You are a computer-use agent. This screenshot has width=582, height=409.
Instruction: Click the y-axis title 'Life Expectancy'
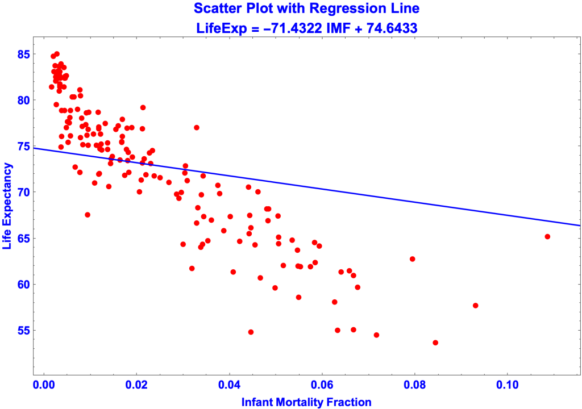click(x=8, y=206)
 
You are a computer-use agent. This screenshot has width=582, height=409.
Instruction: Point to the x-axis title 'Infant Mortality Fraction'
click(x=307, y=402)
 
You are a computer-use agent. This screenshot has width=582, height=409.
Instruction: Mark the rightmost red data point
click(x=547, y=236)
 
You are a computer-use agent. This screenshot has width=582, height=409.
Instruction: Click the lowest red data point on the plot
click(x=435, y=343)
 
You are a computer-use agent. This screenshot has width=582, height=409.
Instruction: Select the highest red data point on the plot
click(x=57, y=54)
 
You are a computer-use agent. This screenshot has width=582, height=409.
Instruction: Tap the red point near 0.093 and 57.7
click(x=476, y=306)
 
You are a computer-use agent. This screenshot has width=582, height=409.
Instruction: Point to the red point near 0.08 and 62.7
click(x=413, y=259)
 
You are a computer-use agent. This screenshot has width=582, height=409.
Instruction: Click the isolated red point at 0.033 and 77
click(x=197, y=127)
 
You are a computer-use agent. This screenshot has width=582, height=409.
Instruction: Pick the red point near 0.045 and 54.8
click(x=251, y=332)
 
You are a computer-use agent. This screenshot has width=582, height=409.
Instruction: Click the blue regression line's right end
click(x=579, y=226)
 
